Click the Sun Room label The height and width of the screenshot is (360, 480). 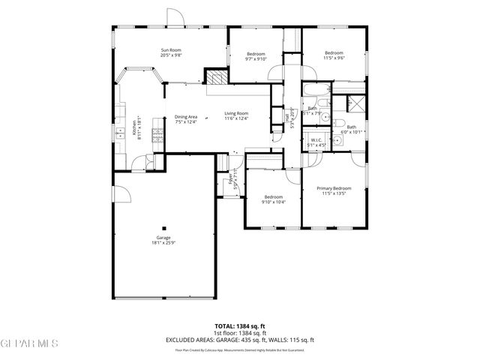171,50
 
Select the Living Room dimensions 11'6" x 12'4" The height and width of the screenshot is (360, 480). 236,118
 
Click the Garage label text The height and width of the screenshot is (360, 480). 163,238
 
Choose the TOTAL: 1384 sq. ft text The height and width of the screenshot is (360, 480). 239,326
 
